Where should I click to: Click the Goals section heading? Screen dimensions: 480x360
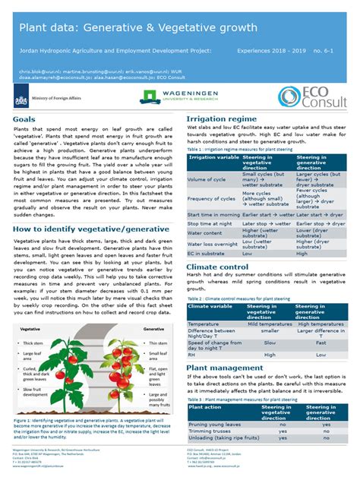tap(24, 119)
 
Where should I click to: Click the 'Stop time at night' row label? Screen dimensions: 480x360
tap(211, 223)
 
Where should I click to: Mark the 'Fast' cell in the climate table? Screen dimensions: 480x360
tap(321, 344)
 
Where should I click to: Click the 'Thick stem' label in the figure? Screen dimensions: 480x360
tap(32, 343)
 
